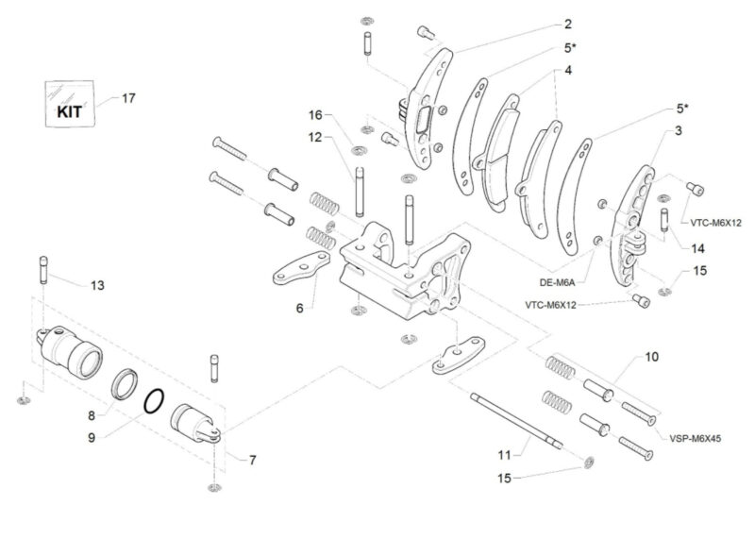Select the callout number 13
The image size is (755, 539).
97,284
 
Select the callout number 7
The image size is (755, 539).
252,460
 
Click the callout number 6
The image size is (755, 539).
298,307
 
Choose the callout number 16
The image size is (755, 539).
315,114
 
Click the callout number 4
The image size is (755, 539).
568,70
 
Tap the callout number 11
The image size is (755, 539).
504,454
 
